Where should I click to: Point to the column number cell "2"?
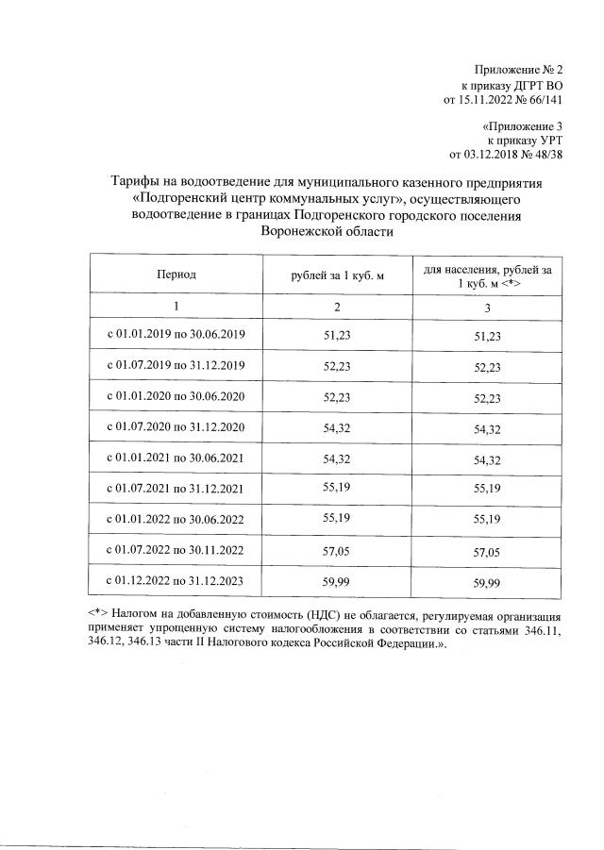(x=337, y=306)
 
